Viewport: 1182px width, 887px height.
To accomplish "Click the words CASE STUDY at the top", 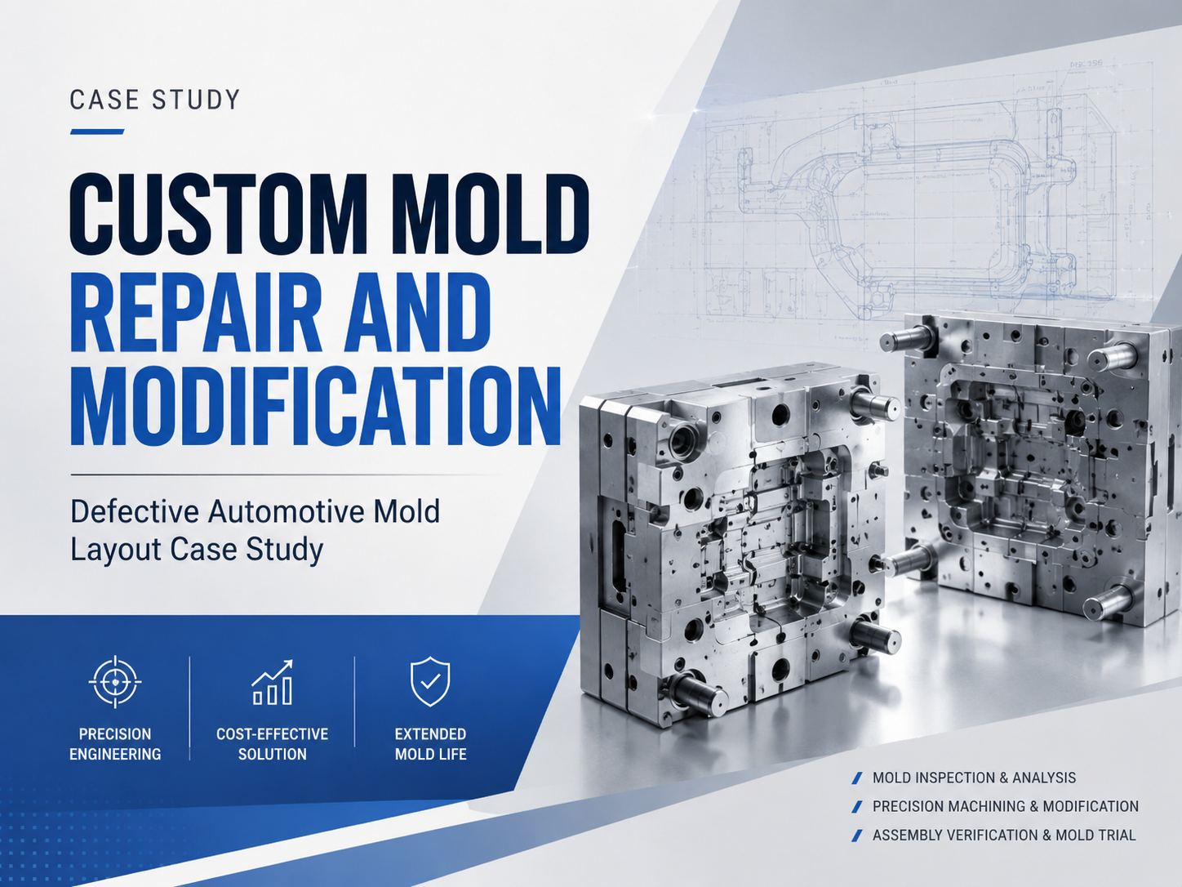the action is click(x=154, y=100).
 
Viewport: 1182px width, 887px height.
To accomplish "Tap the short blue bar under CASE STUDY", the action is click(x=97, y=131).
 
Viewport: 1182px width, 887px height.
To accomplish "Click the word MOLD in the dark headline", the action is click(x=490, y=214).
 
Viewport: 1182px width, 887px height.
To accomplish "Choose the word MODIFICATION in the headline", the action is click(x=316, y=406).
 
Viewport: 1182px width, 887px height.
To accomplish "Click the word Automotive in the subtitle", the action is click(x=286, y=511).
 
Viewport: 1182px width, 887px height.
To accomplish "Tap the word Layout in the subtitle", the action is click(x=115, y=550).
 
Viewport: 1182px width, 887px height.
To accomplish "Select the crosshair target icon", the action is click(x=115, y=682).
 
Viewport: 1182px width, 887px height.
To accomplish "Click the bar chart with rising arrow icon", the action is click(x=273, y=682).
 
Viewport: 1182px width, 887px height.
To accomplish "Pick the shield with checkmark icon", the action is click(x=429, y=681).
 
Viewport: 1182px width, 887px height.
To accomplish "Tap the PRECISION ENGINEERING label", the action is click(x=115, y=744).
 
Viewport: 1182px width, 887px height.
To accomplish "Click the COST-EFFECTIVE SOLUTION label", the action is click(x=273, y=744).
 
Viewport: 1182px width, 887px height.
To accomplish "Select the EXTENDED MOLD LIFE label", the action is click(x=430, y=744).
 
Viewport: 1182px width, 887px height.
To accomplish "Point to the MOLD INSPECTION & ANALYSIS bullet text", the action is click(x=974, y=778).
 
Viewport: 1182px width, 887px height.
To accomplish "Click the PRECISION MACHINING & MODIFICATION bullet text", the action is click(x=1006, y=806).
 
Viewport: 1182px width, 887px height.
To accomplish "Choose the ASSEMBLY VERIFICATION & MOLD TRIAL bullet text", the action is click(x=1004, y=836).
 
